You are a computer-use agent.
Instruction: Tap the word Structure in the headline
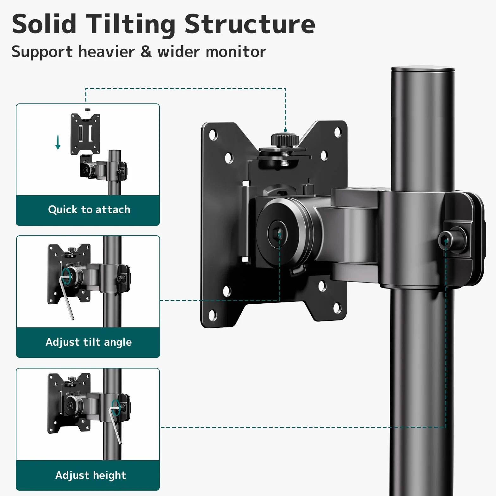click(x=250, y=24)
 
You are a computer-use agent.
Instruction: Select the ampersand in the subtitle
click(x=146, y=52)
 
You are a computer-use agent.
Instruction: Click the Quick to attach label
click(x=89, y=210)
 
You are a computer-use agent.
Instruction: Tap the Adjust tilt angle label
click(x=89, y=342)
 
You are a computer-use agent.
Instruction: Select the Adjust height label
click(x=91, y=475)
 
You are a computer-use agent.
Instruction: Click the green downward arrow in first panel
click(x=58, y=142)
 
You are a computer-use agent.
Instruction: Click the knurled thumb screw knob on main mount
click(x=285, y=140)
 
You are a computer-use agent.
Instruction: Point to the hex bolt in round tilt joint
click(x=278, y=233)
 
